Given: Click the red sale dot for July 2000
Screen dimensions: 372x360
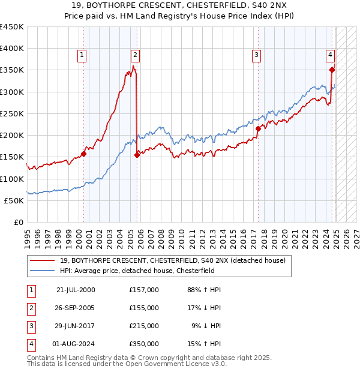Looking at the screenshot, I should point(83,154).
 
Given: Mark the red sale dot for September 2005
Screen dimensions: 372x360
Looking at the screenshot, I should point(137,155).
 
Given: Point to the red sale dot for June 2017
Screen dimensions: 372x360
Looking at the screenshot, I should point(258,128).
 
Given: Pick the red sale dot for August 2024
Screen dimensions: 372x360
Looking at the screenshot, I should point(332,70).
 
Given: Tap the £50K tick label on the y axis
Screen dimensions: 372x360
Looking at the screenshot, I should point(14,200).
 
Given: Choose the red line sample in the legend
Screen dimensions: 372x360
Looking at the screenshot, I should point(43,260).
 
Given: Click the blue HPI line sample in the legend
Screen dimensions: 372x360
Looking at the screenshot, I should point(43,270).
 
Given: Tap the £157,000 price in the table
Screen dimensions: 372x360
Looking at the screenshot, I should point(144,290).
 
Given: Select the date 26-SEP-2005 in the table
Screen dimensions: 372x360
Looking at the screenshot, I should point(76,308).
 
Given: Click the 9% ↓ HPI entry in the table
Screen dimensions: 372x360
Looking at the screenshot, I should point(206,326).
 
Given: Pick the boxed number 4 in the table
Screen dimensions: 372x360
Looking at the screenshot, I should point(30,344).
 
